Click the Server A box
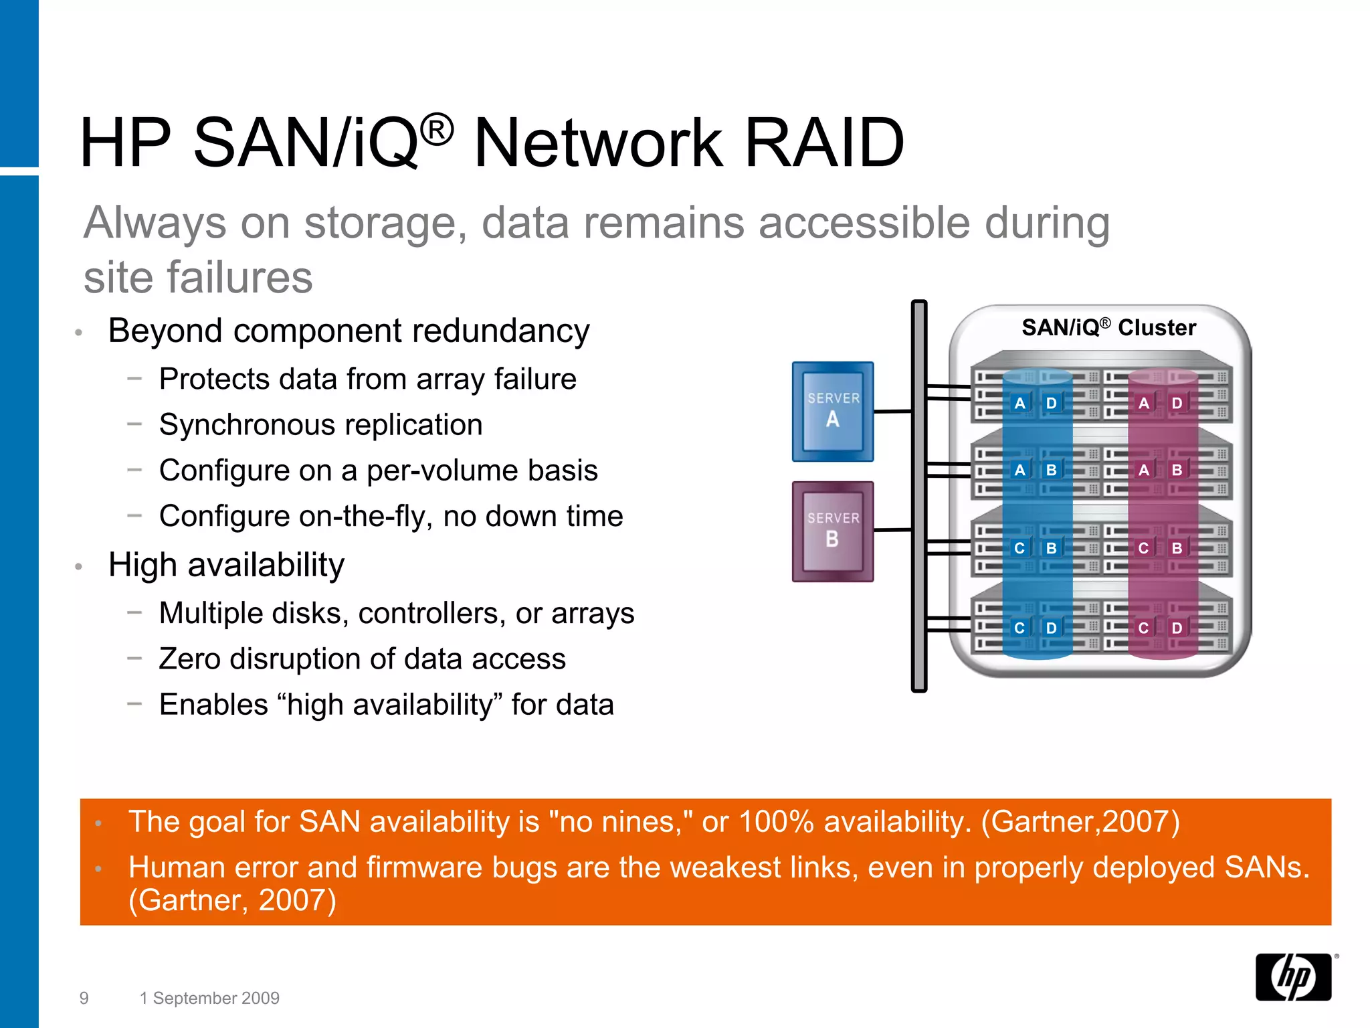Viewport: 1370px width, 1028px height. coord(832,411)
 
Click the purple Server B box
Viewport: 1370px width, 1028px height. coord(832,531)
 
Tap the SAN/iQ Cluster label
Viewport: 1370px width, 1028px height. coord(1108,327)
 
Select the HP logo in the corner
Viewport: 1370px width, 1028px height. coord(1293,976)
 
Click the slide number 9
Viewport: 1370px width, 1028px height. coord(84,998)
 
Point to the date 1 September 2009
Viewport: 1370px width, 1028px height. coord(209,998)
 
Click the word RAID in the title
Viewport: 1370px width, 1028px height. coord(824,143)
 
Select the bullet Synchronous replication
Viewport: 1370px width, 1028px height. coord(320,425)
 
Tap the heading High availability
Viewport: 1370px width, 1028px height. coord(226,565)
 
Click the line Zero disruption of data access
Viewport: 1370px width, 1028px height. coord(362,659)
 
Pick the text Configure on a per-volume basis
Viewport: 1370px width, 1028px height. coord(378,470)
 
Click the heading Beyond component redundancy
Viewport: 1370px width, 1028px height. coord(349,331)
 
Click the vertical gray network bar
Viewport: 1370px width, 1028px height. coord(919,495)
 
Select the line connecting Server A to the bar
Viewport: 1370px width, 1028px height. coord(892,411)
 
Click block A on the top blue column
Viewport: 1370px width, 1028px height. coord(1019,403)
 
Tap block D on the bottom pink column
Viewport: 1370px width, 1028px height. coord(1177,628)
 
